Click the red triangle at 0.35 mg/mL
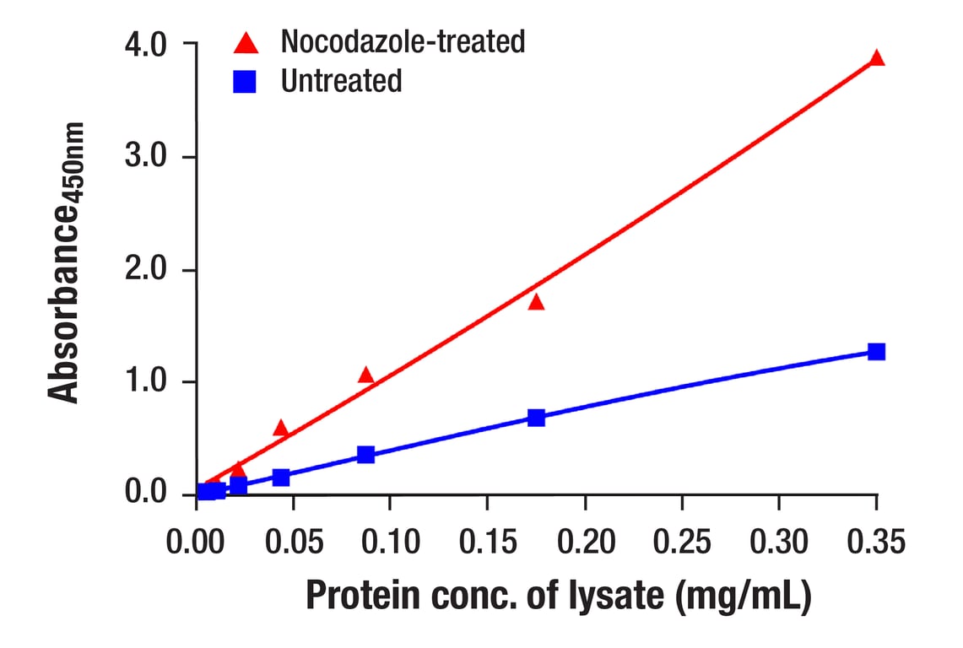[x=877, y=58]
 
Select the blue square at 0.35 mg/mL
[x=877, y=351]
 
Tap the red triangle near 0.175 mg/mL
[x=536, y=302]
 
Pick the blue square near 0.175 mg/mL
[x=536, y=418]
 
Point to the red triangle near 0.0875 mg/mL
[x=365, y=375]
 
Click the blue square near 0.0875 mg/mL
[x=365, y=455]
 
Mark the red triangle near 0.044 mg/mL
[x=281, y=429]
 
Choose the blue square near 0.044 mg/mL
[x=281, y=478]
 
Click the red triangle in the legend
[x=246, y=41]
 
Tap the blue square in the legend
[x=246, y=82]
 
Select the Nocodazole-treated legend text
[x=403, y=40]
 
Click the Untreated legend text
[x=342, y=82]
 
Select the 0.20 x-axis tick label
[x=584, y=542]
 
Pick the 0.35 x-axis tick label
[x=876, y=542]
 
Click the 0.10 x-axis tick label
[x=390, y=542]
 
